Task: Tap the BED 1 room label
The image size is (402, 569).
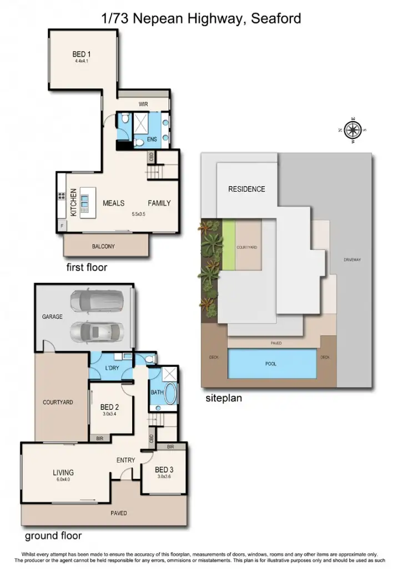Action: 82,54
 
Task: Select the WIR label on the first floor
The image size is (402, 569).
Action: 143,104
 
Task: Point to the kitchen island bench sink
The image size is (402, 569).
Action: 84,198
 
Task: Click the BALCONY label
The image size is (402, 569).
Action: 103,246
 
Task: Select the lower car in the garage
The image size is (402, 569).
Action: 97,333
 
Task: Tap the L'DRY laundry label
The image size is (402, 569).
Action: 112,369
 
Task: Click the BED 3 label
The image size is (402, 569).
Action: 164,470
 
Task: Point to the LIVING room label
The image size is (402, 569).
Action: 63,473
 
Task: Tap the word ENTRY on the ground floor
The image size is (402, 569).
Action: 125,460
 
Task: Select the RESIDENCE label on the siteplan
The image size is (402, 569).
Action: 247,189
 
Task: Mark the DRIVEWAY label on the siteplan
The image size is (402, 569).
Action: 352,259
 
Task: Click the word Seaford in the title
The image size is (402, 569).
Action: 276,19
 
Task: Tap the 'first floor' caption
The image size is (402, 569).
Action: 87,267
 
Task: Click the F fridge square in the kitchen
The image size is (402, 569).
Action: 61,226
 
